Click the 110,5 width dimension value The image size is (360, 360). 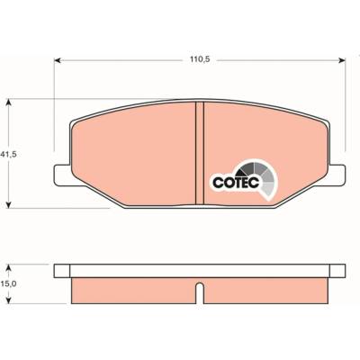pyautogui.click(x=200, y=59)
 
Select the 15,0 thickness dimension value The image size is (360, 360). pyautogui.click(x=8, y=283)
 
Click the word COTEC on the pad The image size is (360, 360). pyautogui.click(x=236, y=182)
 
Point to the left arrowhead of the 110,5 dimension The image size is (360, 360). pyautogui.click(x=58, y=60)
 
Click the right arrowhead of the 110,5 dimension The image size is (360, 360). pyautogui.click(x=342, y=60)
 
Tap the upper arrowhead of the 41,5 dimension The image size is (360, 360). pyautogui.click(x=9, y=103)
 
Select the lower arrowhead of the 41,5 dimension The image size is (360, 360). pyautogui.click(x=9, y=204)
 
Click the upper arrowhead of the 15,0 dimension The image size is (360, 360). pyautogui.click(x=9, y=268)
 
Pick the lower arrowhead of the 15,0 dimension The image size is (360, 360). pyautogui.click(x=9, y=300)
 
